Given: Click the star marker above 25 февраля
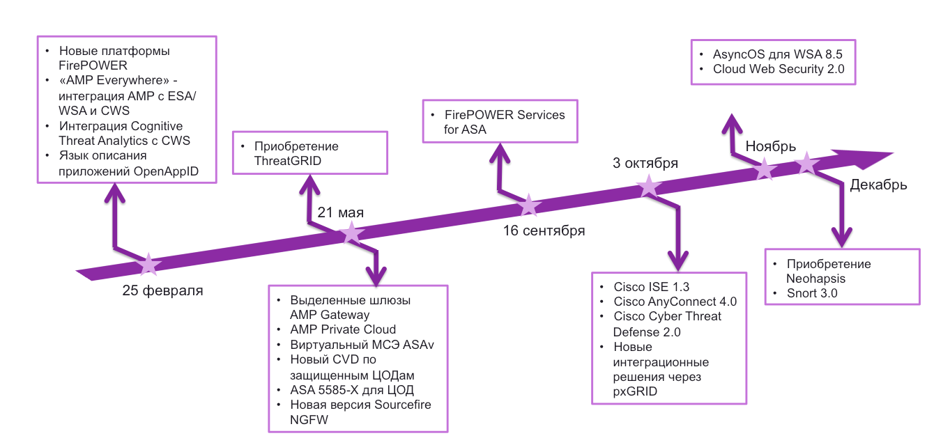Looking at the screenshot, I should pyautogui.click(x=148, y=264).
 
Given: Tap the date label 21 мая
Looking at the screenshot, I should pyautogui.click(x=341, y=212).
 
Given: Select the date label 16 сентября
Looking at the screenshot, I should pyautogui.click(x=544, y=231).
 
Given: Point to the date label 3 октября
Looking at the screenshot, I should pyautogui.click(x=645, y=164).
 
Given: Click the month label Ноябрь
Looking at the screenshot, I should pyautogui.click(x=770, y=146).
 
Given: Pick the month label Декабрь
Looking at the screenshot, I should pyautogui.click(x=878, y=185).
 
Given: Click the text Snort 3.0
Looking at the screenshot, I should pyautogui.click(x=812, y=293).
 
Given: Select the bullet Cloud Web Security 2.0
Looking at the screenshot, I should pyautogui.click(x=779, y=69).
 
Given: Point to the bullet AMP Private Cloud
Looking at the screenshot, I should pyautogui.click(x=343, y=329).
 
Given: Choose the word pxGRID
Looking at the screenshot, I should pyautogui.click(x=635, y=391).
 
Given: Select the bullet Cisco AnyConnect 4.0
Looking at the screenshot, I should pyautogui.click(x=675, y=302).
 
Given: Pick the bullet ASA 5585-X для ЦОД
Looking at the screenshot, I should pyautogui.click(x=357, y=389).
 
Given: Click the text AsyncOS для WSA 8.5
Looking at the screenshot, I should pyautogui.click(x=773, y=54).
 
